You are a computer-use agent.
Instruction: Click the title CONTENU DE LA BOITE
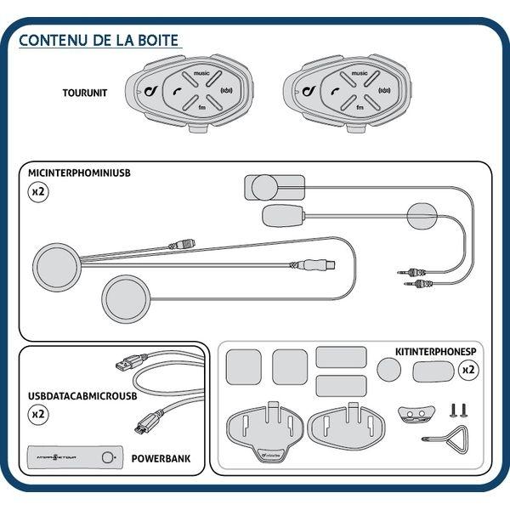click(x=99, y=40)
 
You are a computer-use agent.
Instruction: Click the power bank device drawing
click(x=75, y=457)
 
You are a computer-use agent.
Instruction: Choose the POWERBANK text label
click(x=161, y=458)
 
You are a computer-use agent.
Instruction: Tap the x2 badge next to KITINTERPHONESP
click(x=467, y=370)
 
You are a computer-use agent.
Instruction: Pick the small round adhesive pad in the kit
click(x=388, y=368)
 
